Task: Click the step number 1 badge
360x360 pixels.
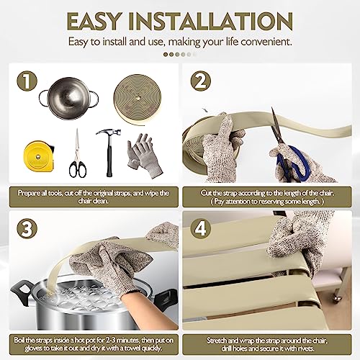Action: (27, 81)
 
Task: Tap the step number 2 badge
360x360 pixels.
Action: (201, 81)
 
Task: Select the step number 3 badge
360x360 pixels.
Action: (27, 228)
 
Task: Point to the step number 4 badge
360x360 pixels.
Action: (201, 228)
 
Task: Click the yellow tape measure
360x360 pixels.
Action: (39, 156)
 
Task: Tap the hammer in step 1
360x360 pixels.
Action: (109, 153)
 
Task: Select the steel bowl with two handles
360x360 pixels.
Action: (68, 98)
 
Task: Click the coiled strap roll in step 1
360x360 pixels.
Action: (138, 99)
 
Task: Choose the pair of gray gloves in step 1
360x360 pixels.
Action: (144, 156)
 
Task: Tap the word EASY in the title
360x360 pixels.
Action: (93, 22)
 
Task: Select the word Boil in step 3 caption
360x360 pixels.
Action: (19, 340)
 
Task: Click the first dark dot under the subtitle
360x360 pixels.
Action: (166, 55)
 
